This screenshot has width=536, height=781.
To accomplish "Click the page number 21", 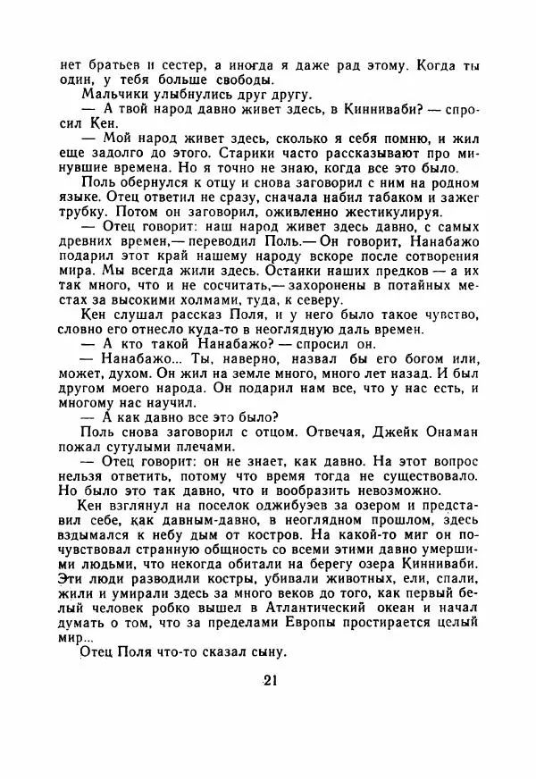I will [x=272, y=682].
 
